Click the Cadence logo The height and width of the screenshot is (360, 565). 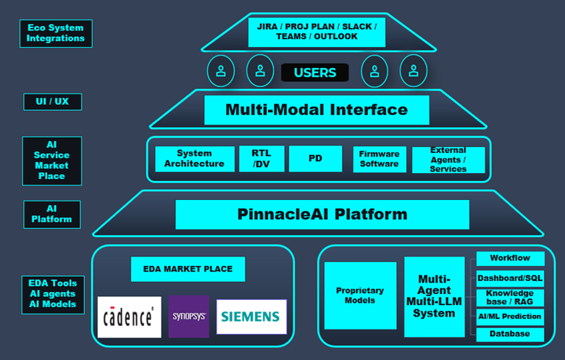click(130, 317)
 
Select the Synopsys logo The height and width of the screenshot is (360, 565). click(189, 317)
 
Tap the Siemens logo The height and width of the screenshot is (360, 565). click(251, 317)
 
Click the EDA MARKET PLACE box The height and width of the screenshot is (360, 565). click(188, 269)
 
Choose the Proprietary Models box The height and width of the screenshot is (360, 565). click(360, 296)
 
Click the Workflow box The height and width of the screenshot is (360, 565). click(510, 258)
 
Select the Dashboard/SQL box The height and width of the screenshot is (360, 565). click(510, 277)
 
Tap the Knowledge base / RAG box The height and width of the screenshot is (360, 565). click(510, 298)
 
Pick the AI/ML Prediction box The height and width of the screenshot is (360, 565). click(510, 317)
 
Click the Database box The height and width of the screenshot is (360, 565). click(510, 334)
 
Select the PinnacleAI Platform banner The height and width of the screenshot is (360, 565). click(322, 214)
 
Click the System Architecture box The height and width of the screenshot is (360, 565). click(195, 159)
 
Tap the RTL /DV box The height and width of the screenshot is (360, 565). click(261, 159)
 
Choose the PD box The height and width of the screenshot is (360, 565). click(315, 159)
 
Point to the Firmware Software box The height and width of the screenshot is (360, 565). click(380, 159)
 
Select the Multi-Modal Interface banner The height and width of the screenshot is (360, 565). click(317, 110)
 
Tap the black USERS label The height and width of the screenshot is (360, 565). click(314, 72)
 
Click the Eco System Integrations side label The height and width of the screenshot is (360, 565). click(56, 33)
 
